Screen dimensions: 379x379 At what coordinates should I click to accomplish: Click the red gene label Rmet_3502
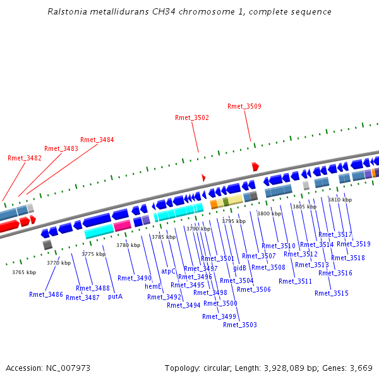coord(192,117)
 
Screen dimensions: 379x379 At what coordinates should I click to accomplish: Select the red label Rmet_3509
coord(244,106)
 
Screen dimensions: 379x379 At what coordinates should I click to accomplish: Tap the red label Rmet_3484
coord(97,140)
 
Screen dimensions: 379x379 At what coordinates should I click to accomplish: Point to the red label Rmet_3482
coord(25,158)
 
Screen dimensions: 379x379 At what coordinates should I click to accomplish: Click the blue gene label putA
coord(115,296)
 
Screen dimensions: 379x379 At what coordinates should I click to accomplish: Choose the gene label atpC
coord(168,271)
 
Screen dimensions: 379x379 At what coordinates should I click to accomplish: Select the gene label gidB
coord(239,268)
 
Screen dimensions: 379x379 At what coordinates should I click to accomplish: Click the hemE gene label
coord(153,286)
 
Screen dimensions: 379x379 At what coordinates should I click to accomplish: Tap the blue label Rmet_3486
coord(46,294)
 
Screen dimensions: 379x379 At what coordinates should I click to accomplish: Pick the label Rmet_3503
coord(240,325)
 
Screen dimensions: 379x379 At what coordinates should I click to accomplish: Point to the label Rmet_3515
coord(332,293)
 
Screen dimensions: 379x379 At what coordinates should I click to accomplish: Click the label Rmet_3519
coord(354,244)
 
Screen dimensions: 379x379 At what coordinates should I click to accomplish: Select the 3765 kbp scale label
coord(24,272)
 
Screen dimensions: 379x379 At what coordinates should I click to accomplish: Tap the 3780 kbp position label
coord(128,244)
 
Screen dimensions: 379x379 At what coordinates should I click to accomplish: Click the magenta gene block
coord(123,225)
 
